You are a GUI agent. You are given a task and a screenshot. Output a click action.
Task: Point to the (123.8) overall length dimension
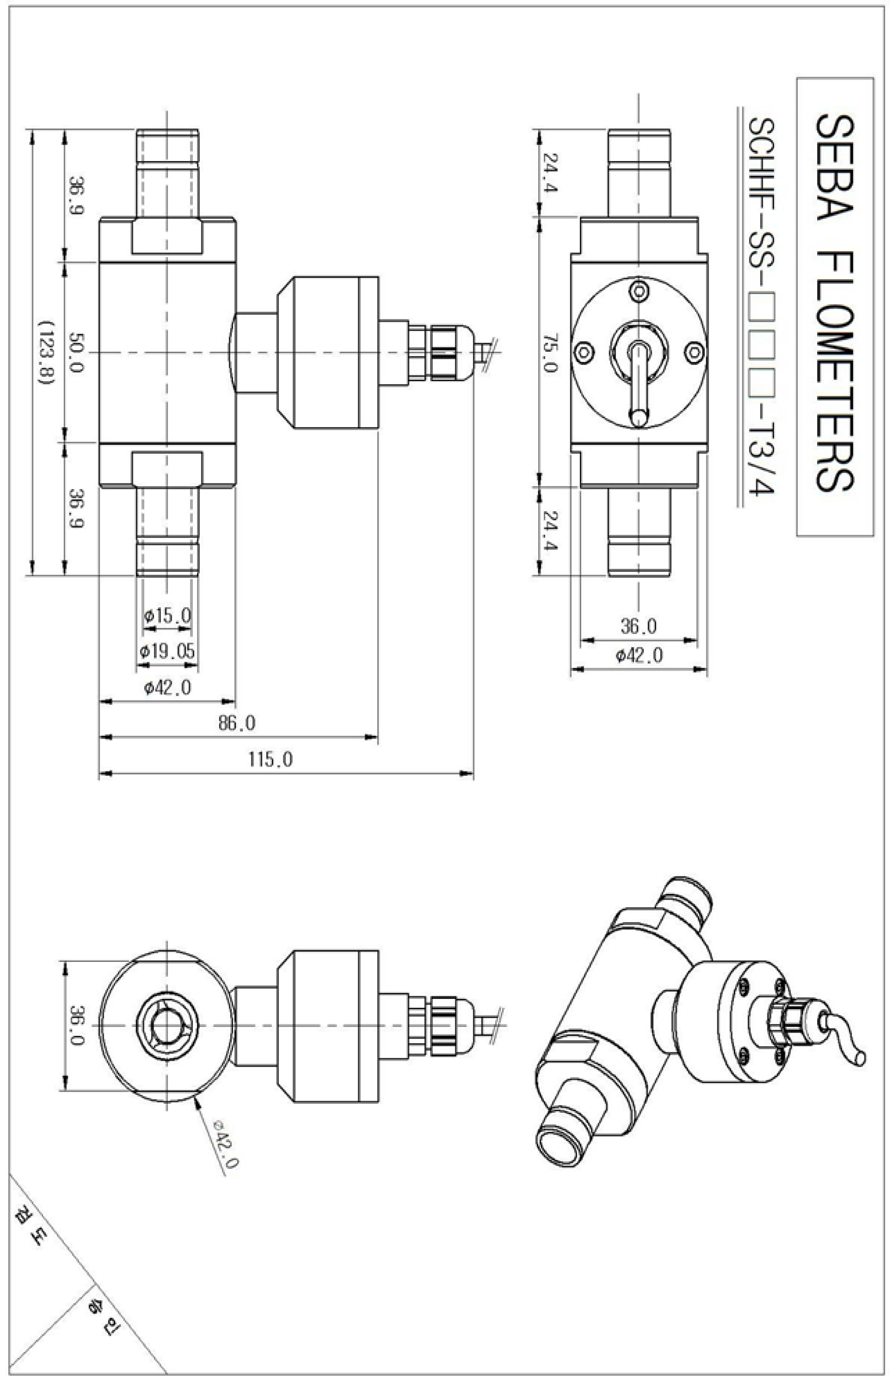(x=45, y=354)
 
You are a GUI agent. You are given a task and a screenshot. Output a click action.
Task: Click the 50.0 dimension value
(x=76, y=352)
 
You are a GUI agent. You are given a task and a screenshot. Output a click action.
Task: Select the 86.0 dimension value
(x=237, y=723)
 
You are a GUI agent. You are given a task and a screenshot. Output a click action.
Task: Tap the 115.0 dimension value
(x=271, y=759)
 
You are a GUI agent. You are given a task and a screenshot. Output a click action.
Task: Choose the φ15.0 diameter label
(x=168, y=615)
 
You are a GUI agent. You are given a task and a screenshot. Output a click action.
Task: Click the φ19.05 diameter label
(x=168, y=651)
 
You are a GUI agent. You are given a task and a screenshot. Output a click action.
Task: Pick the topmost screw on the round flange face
(x=638, y=290)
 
